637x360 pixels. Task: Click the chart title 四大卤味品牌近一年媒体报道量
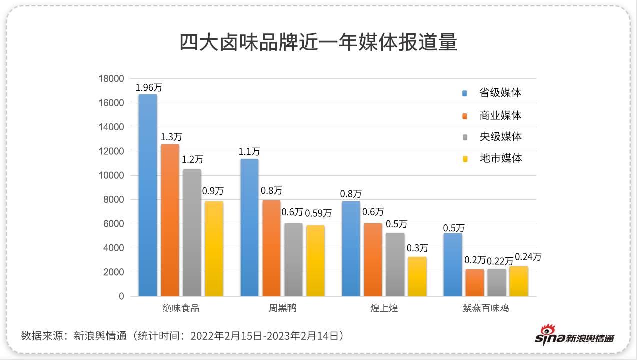pyautogui.click(x=318, y=43)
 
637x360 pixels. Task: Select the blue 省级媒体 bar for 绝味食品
pyautogui.click(x=148, y=195)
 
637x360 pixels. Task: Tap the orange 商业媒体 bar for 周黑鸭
pyautogui.click(x=271, y=248)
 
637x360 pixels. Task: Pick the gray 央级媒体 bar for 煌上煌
pyautogui.click(x=395, y=264)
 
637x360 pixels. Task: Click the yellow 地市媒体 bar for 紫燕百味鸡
pyautogui.click(x=519, y=281)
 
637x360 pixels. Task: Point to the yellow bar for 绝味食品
pyautogui.click(x=214, y=249)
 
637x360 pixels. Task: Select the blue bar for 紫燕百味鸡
pyautogui.click(x=453, y=265)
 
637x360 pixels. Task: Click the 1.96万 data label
pyautogui.click(x=149, y=87)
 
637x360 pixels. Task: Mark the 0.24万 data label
pyautogui.click(x=528, y=257)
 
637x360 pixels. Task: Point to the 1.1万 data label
pyautogui.click(x=249, y=151)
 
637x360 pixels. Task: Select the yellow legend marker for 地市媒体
pyautogui.click(x=465, y=159)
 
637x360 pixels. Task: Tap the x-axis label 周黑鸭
pyautogui.click(x=283, y=308)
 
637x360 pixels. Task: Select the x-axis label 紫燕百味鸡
pyautogui.click(x=486, y=308)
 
